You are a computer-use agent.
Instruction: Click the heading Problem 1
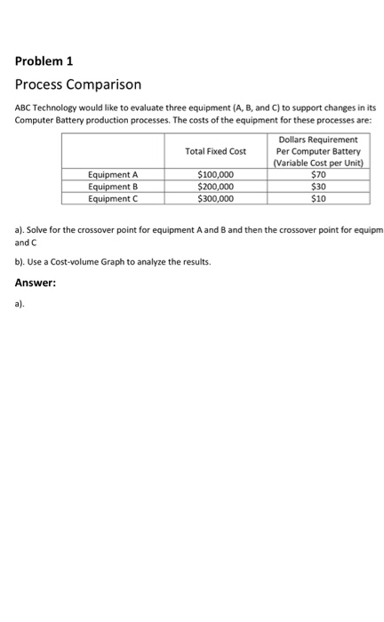44,62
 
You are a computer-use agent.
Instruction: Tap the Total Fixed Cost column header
215,151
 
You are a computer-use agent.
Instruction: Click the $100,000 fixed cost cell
215,175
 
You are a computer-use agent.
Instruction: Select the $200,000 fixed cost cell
215,187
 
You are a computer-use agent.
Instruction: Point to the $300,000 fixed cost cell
215,198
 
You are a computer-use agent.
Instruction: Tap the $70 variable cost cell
318,175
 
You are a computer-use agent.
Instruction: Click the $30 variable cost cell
318,187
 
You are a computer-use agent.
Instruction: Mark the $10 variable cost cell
318,198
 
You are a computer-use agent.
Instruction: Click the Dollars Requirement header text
318,140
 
